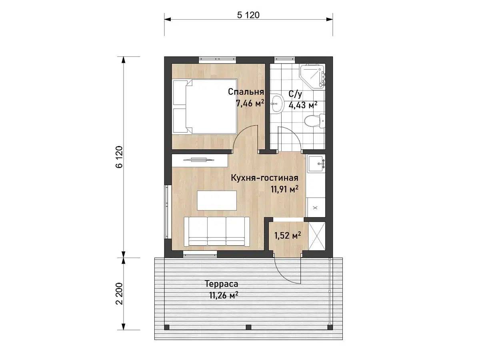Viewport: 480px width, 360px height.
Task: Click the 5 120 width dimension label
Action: click(x=248, y=15)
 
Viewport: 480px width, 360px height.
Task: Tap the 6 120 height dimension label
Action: click(x=120, y=157)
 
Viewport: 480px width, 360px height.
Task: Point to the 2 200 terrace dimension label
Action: click(x=120, y=294)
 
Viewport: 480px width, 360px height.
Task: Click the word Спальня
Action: click(x=246, y=92)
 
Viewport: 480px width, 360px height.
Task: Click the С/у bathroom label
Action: click(x=295, y=94)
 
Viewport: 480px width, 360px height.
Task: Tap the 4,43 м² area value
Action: click(x=303, y=105)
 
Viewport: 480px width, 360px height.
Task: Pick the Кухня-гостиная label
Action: click(x=265, y=178)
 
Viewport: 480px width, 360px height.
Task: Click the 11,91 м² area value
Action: click(x=284, y=189)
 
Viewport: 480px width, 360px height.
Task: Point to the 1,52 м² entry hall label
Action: click(x=288, y=236)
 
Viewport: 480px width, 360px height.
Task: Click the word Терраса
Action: click(x=221, y=284)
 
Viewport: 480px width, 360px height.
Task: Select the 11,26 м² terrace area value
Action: click(x=224, y=296)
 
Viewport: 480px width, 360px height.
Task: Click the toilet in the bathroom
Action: click(x=314, y=121)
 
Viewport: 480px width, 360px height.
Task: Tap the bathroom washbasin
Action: click(x=277, y=104)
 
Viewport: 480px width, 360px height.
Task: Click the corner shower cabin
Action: click(x=313, y=76)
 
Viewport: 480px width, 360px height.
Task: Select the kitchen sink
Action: click(x=316, y=163)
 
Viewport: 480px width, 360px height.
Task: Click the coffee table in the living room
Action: click(x=217, y=200)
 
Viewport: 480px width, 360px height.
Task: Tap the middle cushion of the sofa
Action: click(x=216, y=232)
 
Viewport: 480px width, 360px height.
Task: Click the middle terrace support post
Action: click(x=248, y=333)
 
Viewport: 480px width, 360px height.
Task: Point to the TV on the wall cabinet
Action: click(x=199, y=160)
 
